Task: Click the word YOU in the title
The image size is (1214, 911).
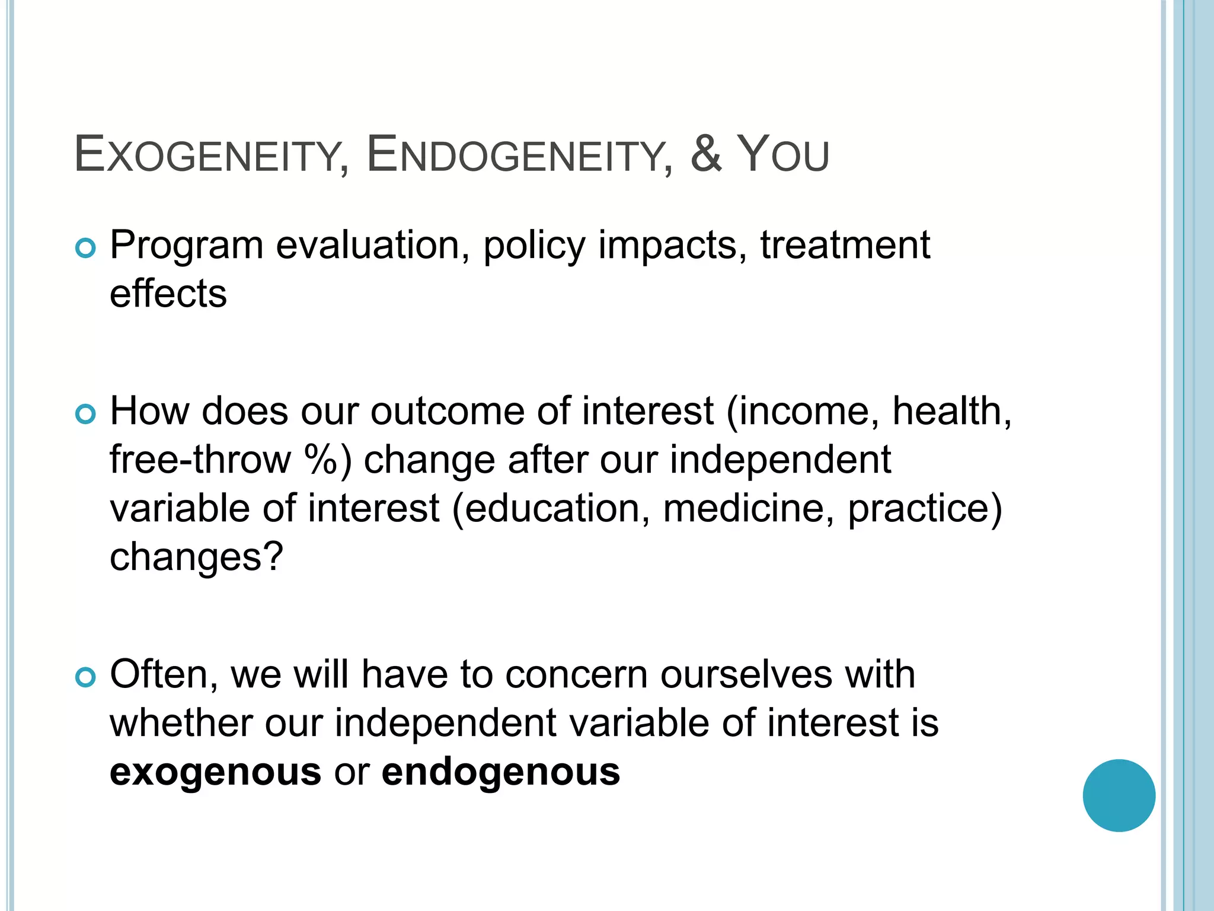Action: tap(782, 155)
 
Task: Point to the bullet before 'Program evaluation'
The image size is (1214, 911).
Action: tap(86, 249)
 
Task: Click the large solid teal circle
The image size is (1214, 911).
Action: tap(1119, 795)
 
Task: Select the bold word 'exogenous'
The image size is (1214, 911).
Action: tap(216, 773)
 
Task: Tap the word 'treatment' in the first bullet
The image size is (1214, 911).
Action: tap(845, 245)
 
